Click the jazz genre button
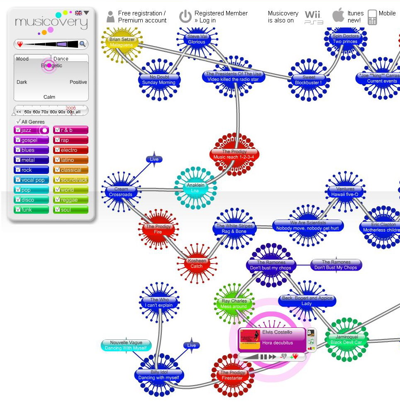pos(31,130)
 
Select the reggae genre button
pos(71,200)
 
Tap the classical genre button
pos(71,170)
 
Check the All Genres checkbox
pos(18,122)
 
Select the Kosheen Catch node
pos(197,264)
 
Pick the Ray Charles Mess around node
pos(234,304)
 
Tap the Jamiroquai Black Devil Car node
pos(346,340)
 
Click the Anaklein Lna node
pos(195,188)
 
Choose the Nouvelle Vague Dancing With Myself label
pos(126,345)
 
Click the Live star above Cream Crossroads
pos(154,159)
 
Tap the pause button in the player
pos(263,357)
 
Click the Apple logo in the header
pos(338,16)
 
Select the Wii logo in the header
pos(314,17)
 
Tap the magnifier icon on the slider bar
pos(83,44)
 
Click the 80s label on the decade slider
pos(54,112)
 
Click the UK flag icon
pos(78,13)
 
